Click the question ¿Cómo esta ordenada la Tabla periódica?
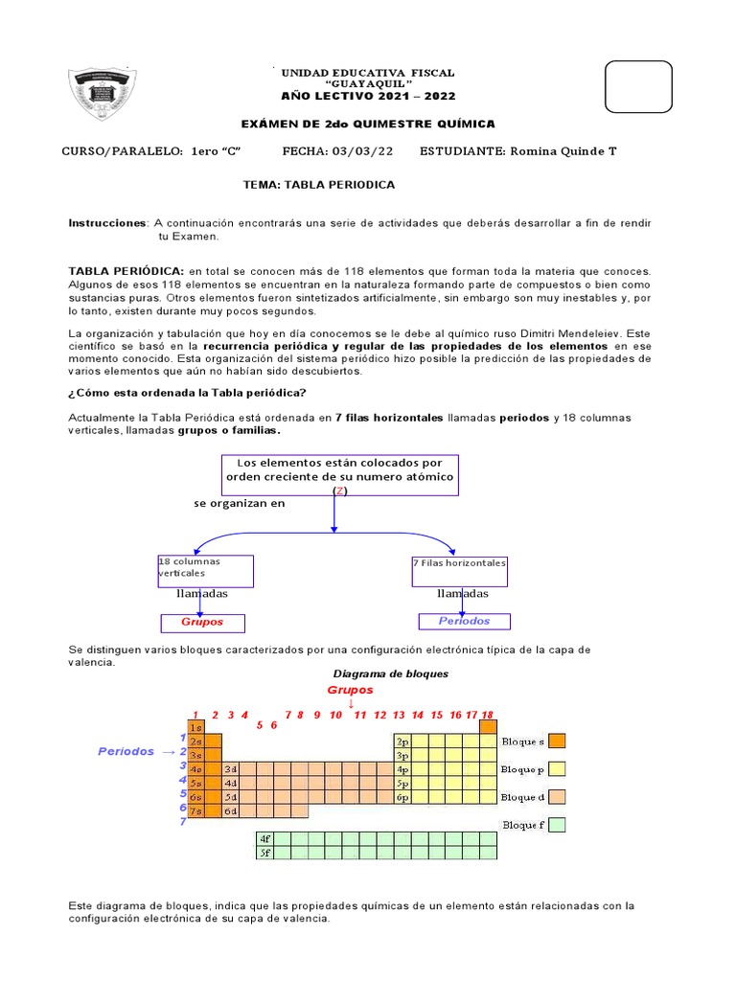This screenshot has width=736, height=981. (x=188, y=393)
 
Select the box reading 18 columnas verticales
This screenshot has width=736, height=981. (x=205, y=570)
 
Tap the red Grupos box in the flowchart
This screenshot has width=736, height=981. (x=203, y=623)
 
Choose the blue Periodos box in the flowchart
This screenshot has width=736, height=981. (x=464, y=622)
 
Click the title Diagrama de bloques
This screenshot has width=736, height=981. (x=390, y=673)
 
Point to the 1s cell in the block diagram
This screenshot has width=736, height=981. (x=195, y=728)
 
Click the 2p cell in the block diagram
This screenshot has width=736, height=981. (x=402, y=741)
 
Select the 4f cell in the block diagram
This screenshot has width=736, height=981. (x=265, y=838)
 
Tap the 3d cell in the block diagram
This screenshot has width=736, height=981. (x=230, y=769)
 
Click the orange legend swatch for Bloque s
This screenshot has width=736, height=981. (x=558, y=741)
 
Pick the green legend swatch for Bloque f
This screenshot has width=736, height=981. (x=558, y=825)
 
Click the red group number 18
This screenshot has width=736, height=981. (x=487, y=715)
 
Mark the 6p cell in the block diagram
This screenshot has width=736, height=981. (x=402, y=797)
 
